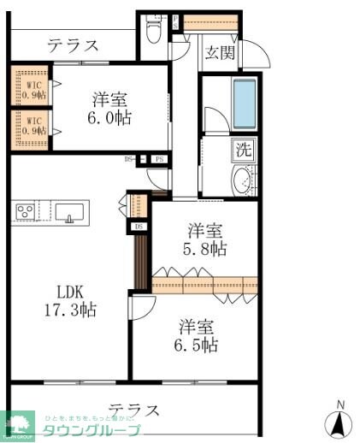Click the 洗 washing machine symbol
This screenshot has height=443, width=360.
click(x=244, y=149)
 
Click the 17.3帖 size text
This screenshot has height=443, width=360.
click(x=71, y=310)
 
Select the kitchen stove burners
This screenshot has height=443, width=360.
click(x=23, y=210)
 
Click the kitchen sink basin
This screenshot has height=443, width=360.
click(x=69, y=210)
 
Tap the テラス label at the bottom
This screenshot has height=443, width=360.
click(x=134, y=409)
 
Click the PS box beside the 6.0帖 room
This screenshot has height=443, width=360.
click(x=160, y=158)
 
